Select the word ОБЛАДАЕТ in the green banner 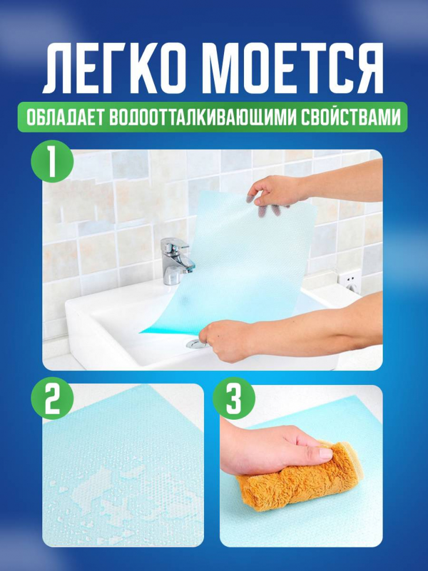click(64, 117)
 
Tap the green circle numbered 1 click(52, 161)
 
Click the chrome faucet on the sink click(176, 260)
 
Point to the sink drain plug click(196, 344)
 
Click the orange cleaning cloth click(300, 473)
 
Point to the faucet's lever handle click(178, 244)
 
